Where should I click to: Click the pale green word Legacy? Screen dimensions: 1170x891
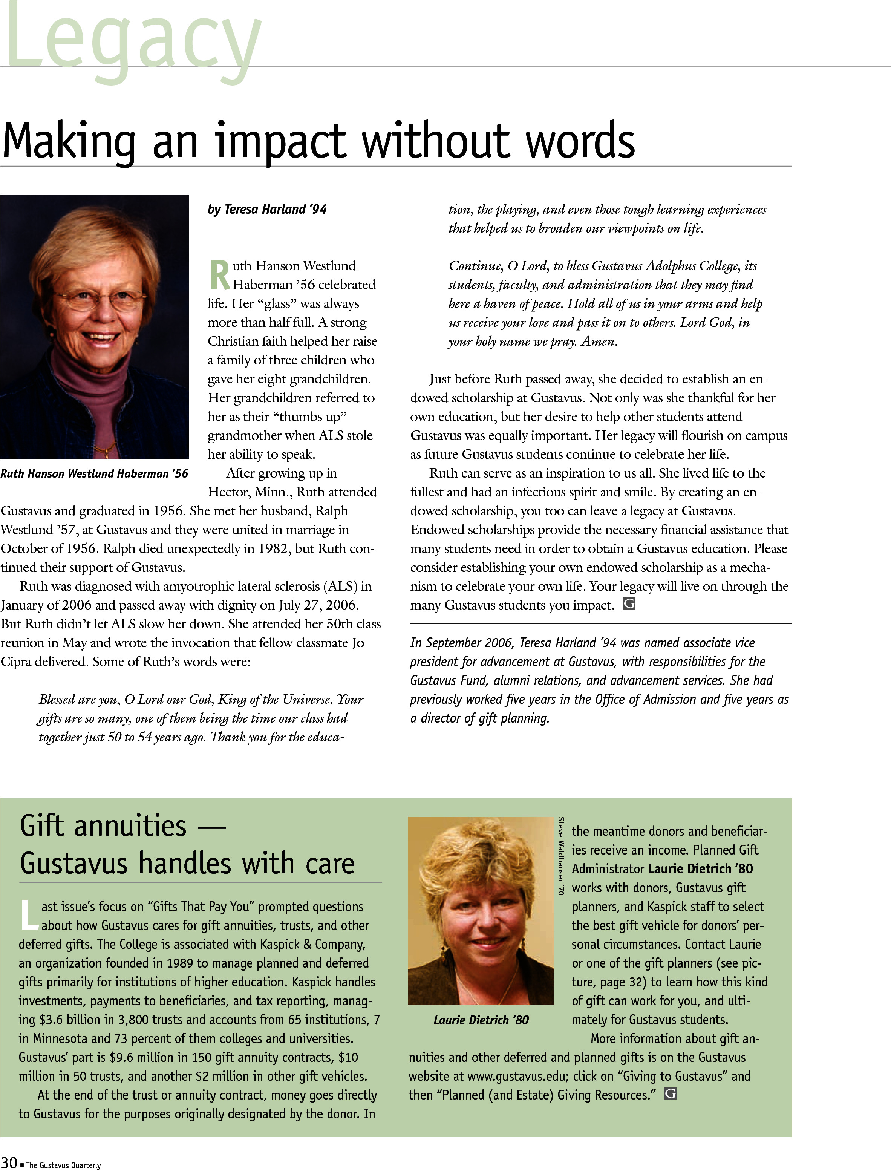click(x=133, y=40)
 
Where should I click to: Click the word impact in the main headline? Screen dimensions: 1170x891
click(x=280, y=142)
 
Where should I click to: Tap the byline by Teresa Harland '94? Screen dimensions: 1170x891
click(x=267, y=210)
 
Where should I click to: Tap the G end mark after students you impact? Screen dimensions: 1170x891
click(x=629, y=604)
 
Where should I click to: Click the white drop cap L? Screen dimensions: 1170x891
click(x=29, y=915)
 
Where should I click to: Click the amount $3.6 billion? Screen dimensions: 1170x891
click(x=69, y=1019)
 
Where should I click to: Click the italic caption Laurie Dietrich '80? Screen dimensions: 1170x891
click(x=481, y=1020)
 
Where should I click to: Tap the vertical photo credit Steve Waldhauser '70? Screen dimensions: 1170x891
click(x=561, y=856)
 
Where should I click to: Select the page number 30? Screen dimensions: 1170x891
click(x=9, y=1161)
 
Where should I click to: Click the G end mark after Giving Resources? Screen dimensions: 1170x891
click(x=671, y=1093)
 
